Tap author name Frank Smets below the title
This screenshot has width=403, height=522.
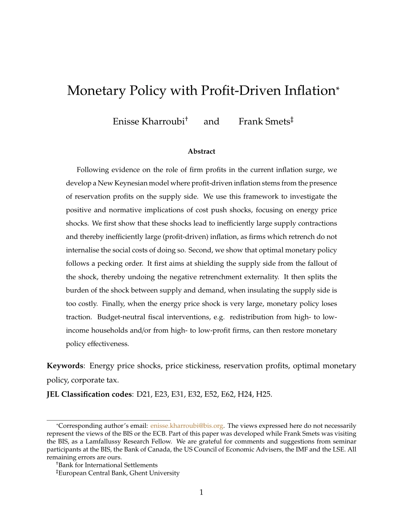click(264, 122)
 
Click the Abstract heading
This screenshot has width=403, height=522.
click(201, 152)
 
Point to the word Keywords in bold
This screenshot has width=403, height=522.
click(64, 366)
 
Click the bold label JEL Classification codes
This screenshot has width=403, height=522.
click(89, 394)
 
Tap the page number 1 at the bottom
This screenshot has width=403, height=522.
click(201, 492)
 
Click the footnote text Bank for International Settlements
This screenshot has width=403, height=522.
click(108, 465)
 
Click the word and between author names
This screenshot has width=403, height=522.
click(211, 122)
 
